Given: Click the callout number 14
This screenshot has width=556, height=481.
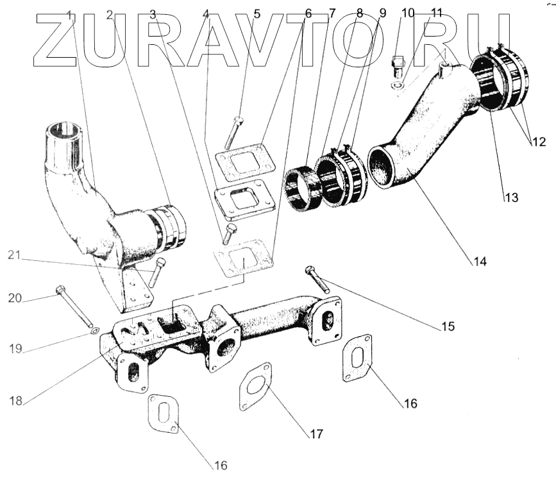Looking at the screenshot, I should pos(480,261).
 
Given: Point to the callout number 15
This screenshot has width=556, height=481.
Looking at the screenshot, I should pos(447,326).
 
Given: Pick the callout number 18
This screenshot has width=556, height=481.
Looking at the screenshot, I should pos(16,401).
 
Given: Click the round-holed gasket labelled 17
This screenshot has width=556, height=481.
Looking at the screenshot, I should pos(255,387).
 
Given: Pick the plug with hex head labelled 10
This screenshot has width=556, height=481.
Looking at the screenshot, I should pos(396,65).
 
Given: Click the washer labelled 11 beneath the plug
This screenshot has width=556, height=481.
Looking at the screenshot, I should pos(398,84).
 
